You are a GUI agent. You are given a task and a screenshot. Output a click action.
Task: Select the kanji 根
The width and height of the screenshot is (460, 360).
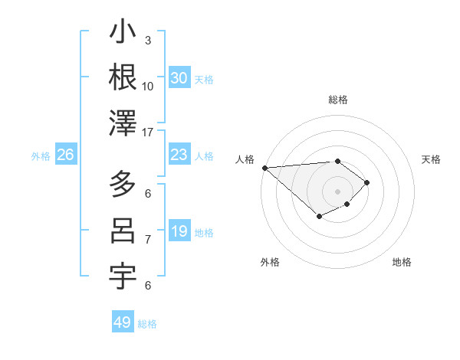point(123,77)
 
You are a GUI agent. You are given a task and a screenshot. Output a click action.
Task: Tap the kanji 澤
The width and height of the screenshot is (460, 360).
point(123,123)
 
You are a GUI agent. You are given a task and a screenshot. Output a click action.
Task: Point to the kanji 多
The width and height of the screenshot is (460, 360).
point(123,185)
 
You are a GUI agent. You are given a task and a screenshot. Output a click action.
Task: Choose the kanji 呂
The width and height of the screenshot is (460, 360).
point(123,231)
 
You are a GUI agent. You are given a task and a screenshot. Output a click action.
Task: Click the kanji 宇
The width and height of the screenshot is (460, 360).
point(123,277)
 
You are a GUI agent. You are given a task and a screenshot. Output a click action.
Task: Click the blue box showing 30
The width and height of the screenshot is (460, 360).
point(179,78)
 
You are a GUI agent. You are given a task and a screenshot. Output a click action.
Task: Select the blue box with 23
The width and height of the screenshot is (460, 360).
point(179,155)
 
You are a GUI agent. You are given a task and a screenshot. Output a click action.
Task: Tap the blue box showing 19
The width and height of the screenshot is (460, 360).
point(179,232)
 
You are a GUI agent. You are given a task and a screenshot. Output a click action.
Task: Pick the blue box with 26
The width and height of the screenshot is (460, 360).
point(65,155)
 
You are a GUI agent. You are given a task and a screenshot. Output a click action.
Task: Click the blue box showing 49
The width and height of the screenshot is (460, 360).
point(123,322)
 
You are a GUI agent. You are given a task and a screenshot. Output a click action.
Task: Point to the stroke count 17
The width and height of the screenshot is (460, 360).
point(149,133)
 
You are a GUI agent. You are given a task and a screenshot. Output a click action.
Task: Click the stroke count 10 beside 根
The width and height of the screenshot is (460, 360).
point(148,86)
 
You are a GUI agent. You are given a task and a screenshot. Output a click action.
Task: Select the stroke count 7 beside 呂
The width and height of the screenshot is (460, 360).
point(148,240)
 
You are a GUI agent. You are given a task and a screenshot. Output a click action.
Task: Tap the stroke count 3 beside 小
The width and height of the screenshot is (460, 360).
point(148,40)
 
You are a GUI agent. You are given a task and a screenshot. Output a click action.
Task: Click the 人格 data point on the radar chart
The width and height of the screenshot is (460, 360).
point(264,167)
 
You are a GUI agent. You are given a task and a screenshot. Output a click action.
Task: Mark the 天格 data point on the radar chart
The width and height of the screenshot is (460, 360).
point(367,182)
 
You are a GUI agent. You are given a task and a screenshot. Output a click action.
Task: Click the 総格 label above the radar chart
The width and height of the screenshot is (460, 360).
point(338,100)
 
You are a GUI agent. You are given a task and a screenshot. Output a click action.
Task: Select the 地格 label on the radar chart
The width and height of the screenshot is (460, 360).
point(402,262)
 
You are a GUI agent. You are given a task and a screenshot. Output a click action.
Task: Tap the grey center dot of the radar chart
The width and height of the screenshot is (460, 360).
point(338,191)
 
